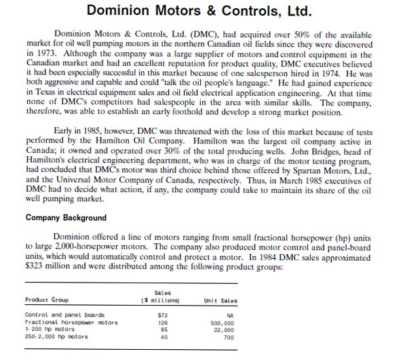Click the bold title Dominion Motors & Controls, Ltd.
coord(200,12)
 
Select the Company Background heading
coord(66,218)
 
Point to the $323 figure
coord(37,267)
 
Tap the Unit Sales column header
coord(220,300)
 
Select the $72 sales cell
coord(162,315)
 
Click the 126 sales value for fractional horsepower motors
coord(162,322)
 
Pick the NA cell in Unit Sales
coord(229,315)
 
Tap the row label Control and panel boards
coord(64,315)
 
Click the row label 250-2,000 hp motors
coord(56,337)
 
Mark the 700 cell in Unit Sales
coord(229,337)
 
